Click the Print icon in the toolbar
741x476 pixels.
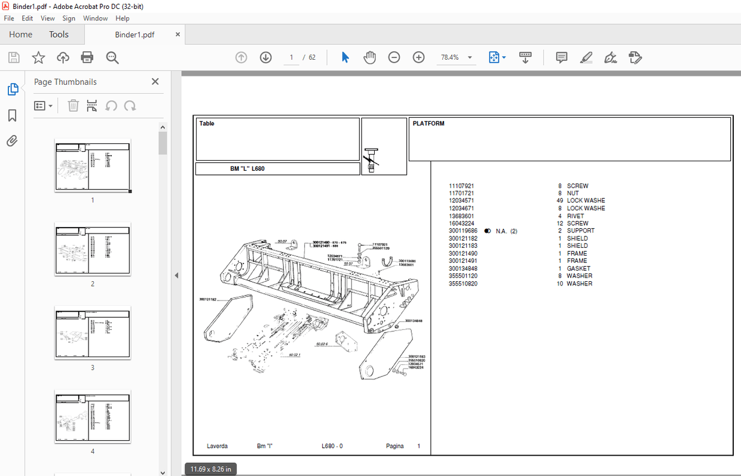87,57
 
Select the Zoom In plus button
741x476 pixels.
418,57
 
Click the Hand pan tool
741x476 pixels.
370,57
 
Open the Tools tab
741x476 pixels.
59,35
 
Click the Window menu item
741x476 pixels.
96,19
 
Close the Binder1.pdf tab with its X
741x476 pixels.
177,35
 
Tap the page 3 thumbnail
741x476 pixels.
93,333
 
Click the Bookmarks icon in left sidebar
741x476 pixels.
12,115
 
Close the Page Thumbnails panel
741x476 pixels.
155,82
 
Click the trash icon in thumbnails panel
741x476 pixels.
73,106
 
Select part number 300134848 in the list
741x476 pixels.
463,269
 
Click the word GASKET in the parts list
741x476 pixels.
578,269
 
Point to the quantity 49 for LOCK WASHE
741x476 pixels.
559,201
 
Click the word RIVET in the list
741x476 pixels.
575,216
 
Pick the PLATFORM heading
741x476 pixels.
428,124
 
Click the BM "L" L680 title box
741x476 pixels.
247,169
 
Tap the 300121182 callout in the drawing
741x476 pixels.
207,299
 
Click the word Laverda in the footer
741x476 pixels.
217,446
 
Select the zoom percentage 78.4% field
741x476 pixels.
450,57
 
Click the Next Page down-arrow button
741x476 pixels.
266,57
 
